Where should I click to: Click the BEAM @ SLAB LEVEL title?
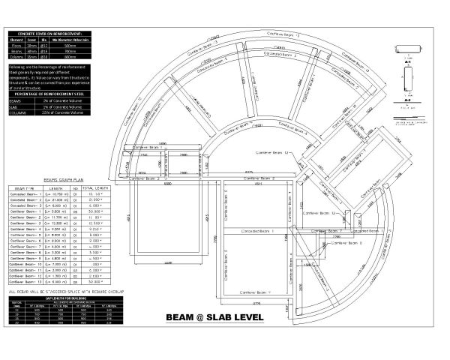214,316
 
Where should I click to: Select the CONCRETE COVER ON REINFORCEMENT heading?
51,34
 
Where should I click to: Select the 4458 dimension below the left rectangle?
169,262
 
